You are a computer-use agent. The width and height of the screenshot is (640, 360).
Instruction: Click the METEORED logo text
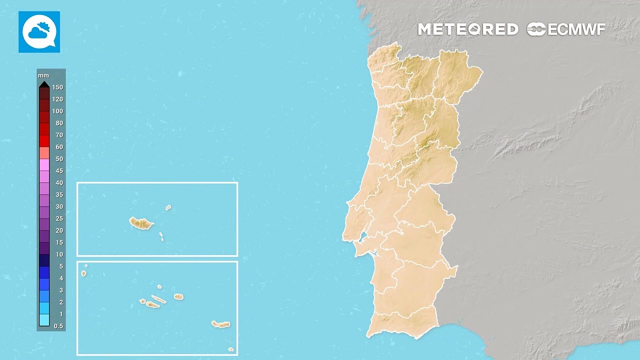(468, 29)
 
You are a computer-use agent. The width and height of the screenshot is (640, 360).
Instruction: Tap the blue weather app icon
(39, 32)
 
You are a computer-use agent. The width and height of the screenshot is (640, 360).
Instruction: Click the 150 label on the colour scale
(57, 87)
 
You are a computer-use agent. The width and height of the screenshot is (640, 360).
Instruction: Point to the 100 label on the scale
(57, 111)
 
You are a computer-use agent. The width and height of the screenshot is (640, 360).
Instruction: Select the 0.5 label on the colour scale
(58, 326)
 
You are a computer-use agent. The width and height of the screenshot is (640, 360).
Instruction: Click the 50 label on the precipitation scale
(59, 159)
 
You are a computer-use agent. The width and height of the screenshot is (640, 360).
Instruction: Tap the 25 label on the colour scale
(59, 218)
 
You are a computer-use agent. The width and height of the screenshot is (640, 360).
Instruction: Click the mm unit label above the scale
(43, 75)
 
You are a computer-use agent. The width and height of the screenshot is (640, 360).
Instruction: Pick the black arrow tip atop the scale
(44, 84)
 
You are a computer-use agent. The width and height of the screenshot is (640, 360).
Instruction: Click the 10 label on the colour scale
(59, 254)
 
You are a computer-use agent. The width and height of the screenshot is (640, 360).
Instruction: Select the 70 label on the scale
(59, 135)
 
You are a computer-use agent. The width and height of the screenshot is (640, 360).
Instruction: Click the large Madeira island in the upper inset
(141, 223)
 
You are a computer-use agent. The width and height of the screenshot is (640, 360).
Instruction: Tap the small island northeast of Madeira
(168, 207)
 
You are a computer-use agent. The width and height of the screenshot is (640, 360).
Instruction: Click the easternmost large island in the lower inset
(220, 324)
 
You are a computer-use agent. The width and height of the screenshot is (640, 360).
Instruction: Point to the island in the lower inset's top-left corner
(83, 273)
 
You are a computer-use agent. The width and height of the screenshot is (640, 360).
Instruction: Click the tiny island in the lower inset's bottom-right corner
(230, 349)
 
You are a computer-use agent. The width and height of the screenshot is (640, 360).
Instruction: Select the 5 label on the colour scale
(61, 266)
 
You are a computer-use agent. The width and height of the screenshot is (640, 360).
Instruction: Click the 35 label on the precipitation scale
(59, 194)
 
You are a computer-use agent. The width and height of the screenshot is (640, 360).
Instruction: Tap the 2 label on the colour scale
(61, 302)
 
